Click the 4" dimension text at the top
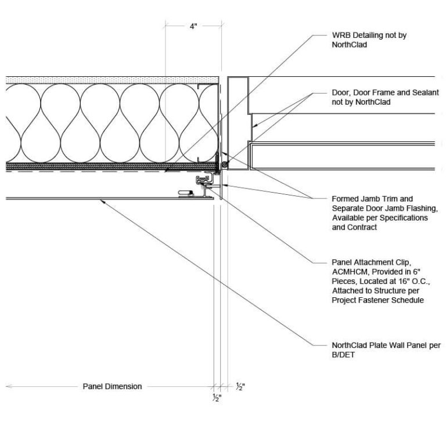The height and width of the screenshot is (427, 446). point(193,27)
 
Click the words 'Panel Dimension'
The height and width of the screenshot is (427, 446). point(112,386)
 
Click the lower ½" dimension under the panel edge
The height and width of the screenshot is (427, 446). point(217,398)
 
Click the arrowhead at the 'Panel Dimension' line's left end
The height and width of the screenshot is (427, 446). point(8,386)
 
